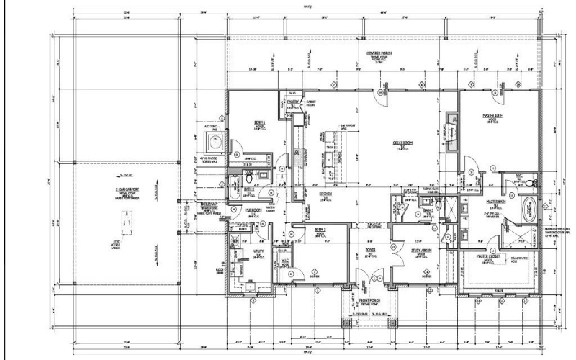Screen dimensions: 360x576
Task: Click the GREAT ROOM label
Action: click(x=401, y=143)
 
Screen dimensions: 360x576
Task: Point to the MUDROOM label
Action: click(x=253, y=210)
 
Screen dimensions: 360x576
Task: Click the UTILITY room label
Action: click(x=258, y=253)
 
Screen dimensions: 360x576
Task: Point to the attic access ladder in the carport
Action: click(x=127, y=218)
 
